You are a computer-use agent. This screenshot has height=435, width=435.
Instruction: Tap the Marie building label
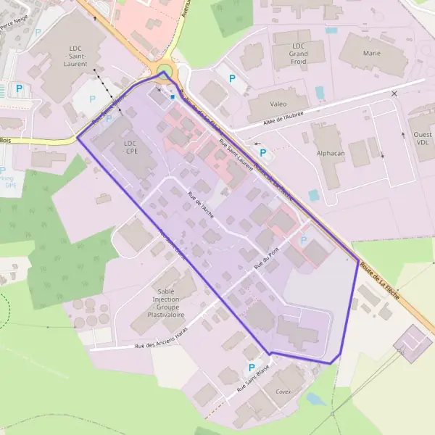click(x=372, y=54)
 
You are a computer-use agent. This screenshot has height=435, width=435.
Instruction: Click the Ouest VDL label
click(x=423, y=138)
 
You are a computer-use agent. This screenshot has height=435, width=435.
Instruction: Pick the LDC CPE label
click(x=130, y=147)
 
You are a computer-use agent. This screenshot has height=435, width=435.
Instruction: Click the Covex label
click(x=283, y=391)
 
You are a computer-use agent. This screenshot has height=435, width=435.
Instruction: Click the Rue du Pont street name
click(x=266, y=261)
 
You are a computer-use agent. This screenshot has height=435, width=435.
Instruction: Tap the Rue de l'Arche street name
click(x=201, y=205)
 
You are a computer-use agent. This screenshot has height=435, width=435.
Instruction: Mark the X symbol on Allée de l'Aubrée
click(x=394, y=94)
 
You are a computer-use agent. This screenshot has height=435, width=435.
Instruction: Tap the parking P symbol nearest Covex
click(x=252, y=368)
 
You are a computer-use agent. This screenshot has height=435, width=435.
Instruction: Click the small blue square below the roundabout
click(x=173, y=96)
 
